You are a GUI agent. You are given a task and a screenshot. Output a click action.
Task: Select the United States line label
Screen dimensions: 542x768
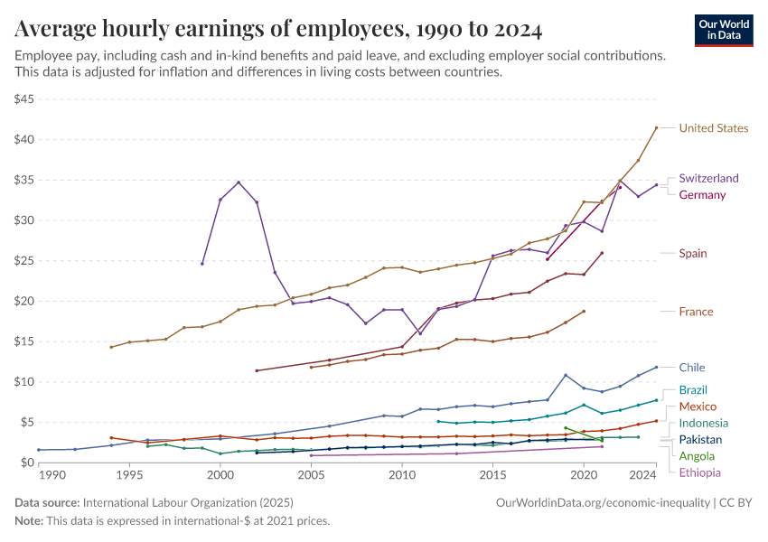(713, 128)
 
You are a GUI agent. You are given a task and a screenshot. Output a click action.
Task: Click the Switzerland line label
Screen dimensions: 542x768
(708, 179)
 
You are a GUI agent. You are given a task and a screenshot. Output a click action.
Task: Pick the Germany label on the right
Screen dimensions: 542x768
(702, 195)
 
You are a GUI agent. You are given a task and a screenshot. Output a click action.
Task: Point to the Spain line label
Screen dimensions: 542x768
(693, 254)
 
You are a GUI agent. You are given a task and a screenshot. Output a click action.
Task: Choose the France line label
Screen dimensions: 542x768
(696, 312)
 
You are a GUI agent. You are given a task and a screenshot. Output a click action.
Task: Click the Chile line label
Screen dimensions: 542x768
(691, 368)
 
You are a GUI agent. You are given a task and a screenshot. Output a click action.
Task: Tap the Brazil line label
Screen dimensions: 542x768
(693, 390)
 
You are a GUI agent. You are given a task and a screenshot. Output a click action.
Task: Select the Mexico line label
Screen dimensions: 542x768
(697, 406)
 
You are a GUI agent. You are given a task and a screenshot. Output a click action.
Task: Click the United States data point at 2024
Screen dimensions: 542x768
(657, 127)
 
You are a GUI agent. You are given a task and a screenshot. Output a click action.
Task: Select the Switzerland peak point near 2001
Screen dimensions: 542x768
(239, 182)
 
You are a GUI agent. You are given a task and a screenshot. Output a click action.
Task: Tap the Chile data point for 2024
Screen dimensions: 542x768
(657, 367)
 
